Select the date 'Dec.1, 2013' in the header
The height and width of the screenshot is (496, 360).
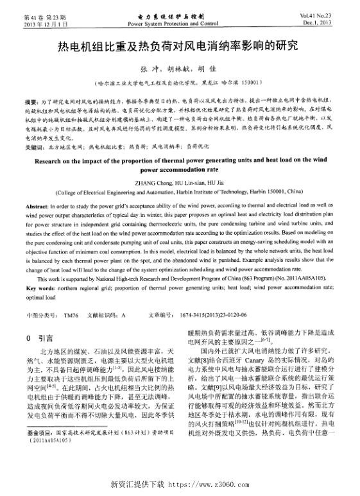pyautogui.click(x=321, y=22)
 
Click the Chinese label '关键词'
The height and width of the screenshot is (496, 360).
pyautogui.click(x=33, y=148)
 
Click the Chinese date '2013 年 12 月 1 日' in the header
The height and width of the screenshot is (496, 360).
pyautogui.click(x=40, y=22)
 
